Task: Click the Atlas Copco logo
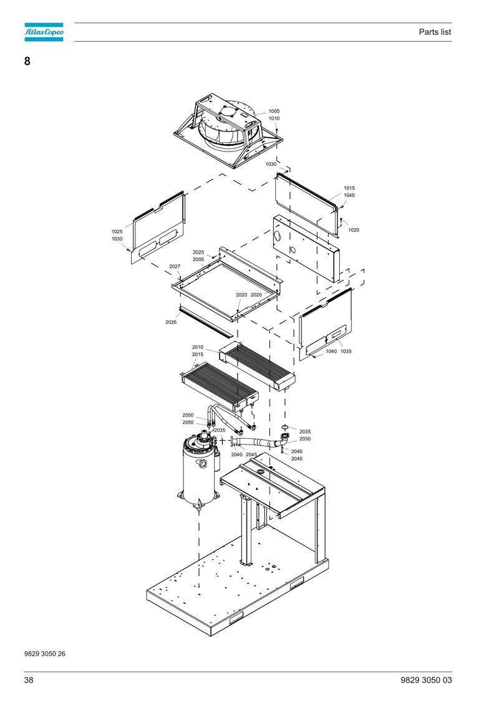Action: [44, 32]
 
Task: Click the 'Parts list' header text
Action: [435, 32]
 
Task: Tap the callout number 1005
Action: [274, 111]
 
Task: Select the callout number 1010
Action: [274, 118]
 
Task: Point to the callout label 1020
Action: [354, 230]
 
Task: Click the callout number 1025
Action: [117, 231]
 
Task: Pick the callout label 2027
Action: [175, 266]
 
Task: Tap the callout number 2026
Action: [171, 322]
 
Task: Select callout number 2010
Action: [198, 347]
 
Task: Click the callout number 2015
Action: [198, 354]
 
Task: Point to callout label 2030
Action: [304, 439]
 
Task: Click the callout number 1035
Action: [346, 351]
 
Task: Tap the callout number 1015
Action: [349, 188]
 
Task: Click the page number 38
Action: [29, 680]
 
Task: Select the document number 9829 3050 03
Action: [426, 680]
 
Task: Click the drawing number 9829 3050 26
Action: [44, 654]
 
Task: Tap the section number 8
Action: [27, 61]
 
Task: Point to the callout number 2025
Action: [198, 252]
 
